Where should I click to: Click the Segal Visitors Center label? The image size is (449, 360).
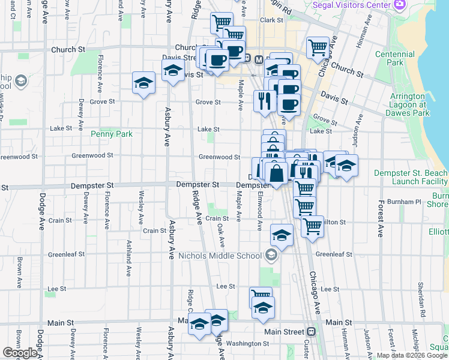tap(351, 5)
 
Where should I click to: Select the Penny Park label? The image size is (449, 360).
tap(111, 134)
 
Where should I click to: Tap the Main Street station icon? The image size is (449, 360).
tap(312, 332)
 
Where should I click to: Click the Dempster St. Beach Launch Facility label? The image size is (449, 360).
tap(411, 177)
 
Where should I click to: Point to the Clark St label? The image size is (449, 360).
tap(271, 20)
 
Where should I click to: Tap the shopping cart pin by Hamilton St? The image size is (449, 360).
tap(312, 226)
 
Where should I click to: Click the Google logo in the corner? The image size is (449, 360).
tap(20, 353)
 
